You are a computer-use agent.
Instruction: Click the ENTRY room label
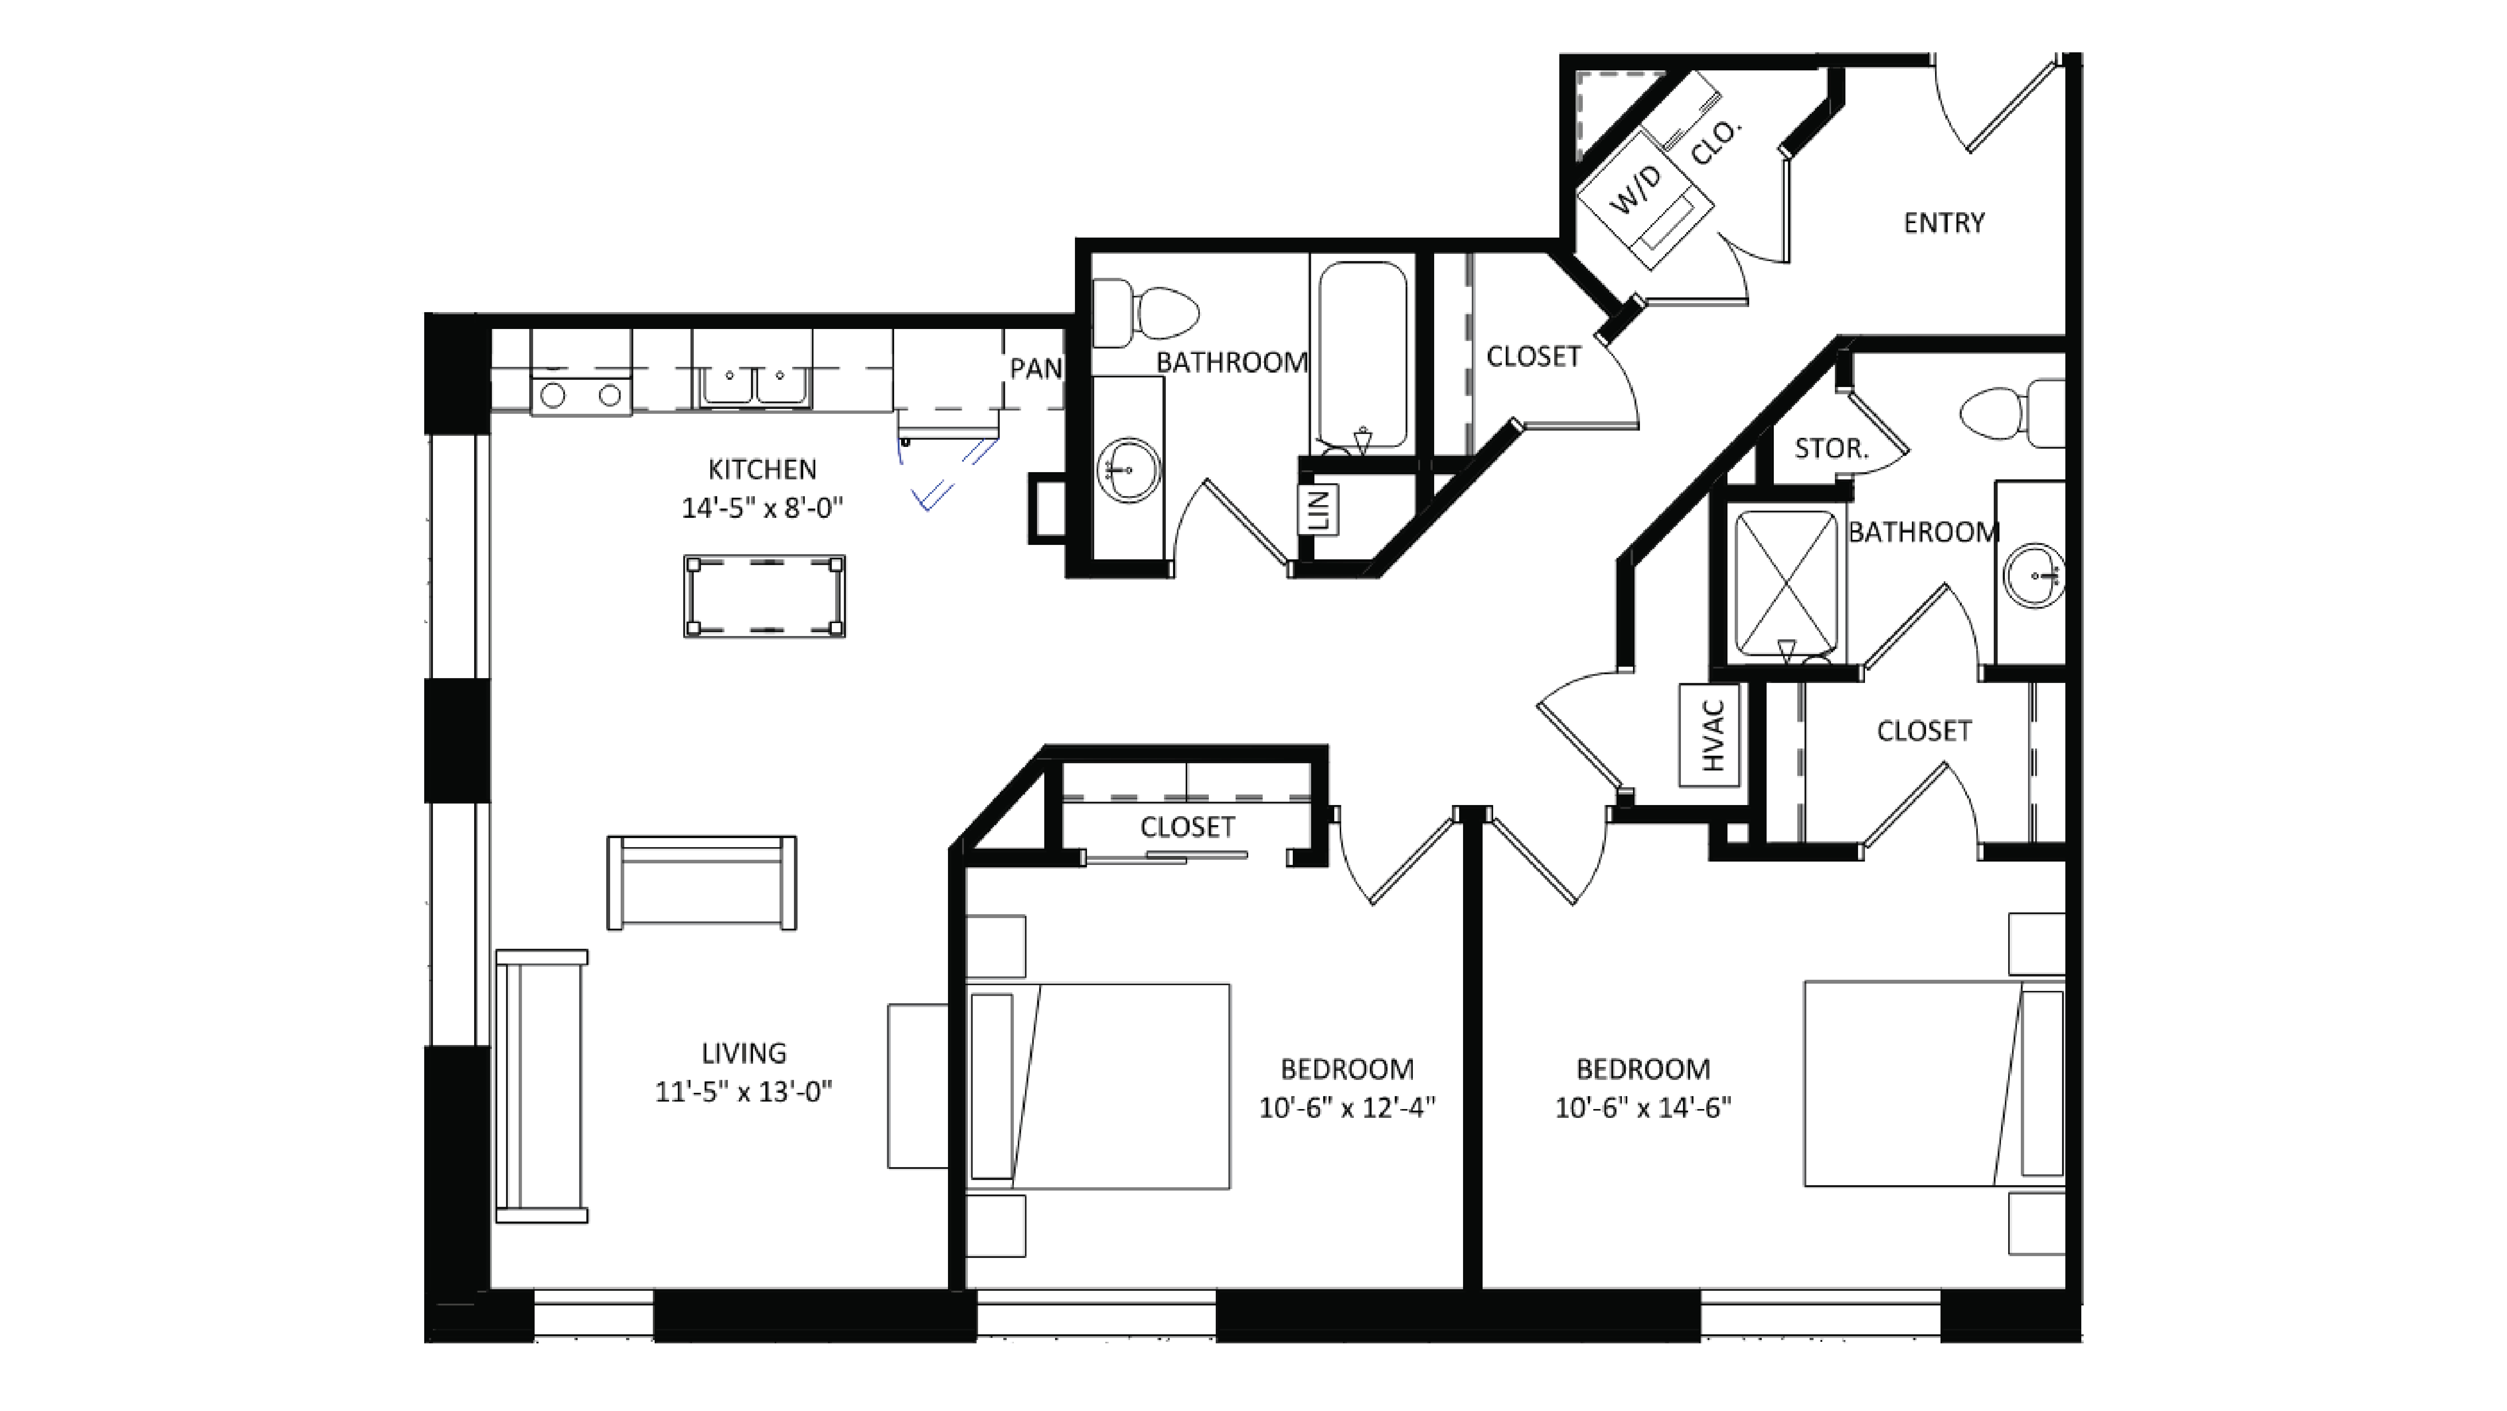[x=1944, y=223]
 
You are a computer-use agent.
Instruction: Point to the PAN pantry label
[x=1035, y=369]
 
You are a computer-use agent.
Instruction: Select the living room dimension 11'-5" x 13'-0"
[x=743, y=1092]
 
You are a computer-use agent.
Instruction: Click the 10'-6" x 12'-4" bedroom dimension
[x=1347, y=1107]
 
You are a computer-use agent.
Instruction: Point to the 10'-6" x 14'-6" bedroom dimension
[x=1643, y=1107]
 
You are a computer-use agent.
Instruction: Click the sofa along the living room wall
[x=541, y=1085]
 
